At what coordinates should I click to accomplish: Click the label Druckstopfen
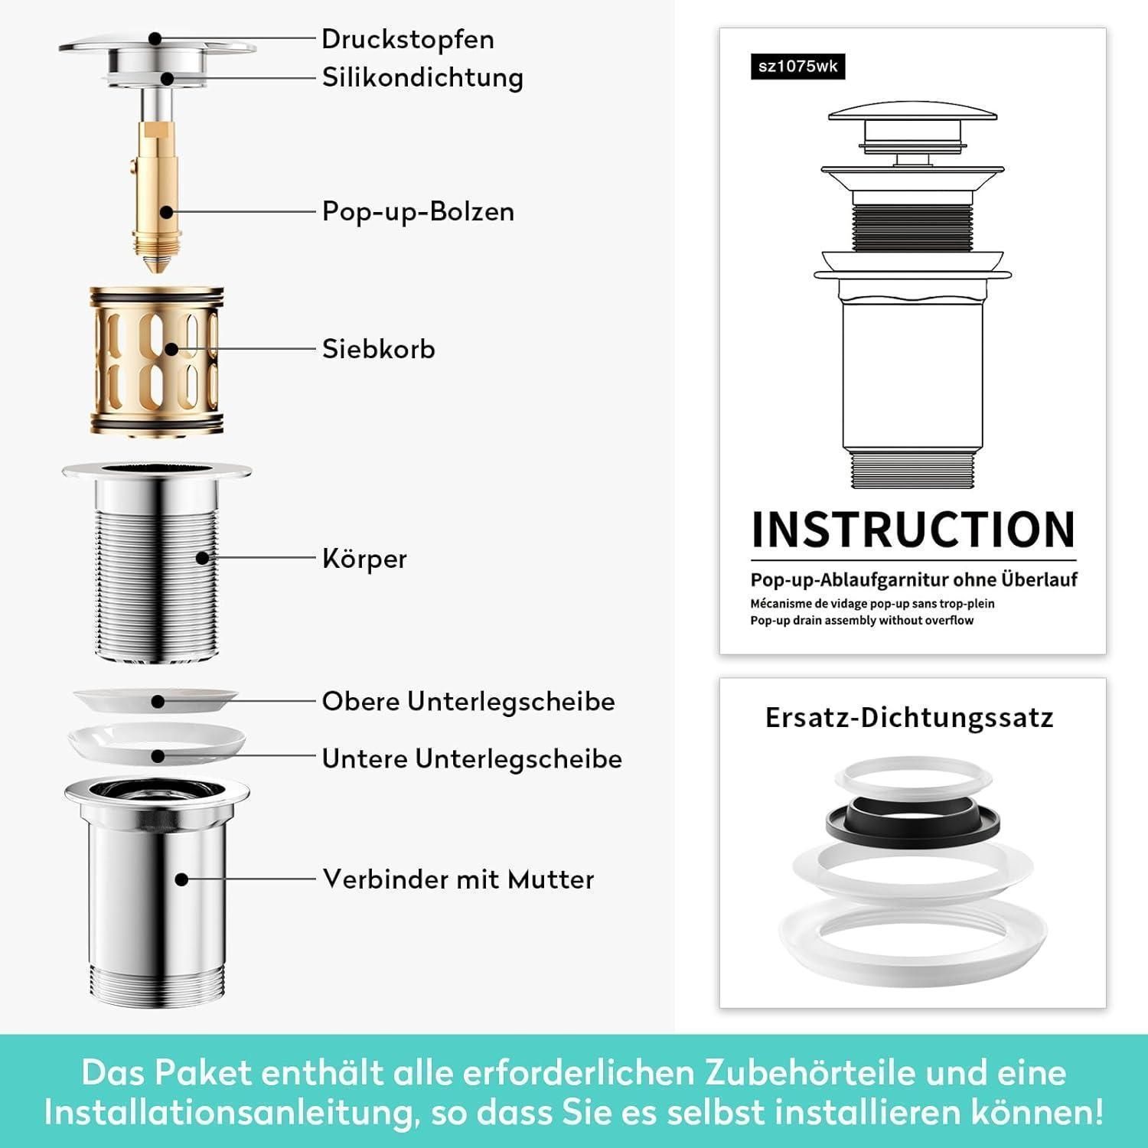pos(408,40)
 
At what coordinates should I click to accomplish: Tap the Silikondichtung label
pos(422,77)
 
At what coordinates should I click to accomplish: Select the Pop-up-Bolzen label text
pos(418,211)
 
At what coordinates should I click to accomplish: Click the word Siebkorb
pos(378,349)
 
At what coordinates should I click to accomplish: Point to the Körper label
pos(364,559)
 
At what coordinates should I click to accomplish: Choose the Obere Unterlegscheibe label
pos(468,701)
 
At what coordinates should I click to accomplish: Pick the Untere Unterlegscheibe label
pos(471,758)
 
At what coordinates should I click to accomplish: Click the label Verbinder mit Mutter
pos(458,879)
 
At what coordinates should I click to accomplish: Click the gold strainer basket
pos(157,362)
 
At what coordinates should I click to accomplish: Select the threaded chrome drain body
pos(157,562)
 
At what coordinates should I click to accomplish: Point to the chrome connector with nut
pos(157,892)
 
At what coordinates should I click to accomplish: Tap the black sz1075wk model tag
pos(797,66)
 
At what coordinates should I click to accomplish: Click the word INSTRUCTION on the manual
pos(914,530)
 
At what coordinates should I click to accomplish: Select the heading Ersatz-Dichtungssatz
pos(909,718)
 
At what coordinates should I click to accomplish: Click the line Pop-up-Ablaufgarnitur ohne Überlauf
pos(914,580)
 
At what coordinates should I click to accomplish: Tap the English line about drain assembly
pos(862,620)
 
